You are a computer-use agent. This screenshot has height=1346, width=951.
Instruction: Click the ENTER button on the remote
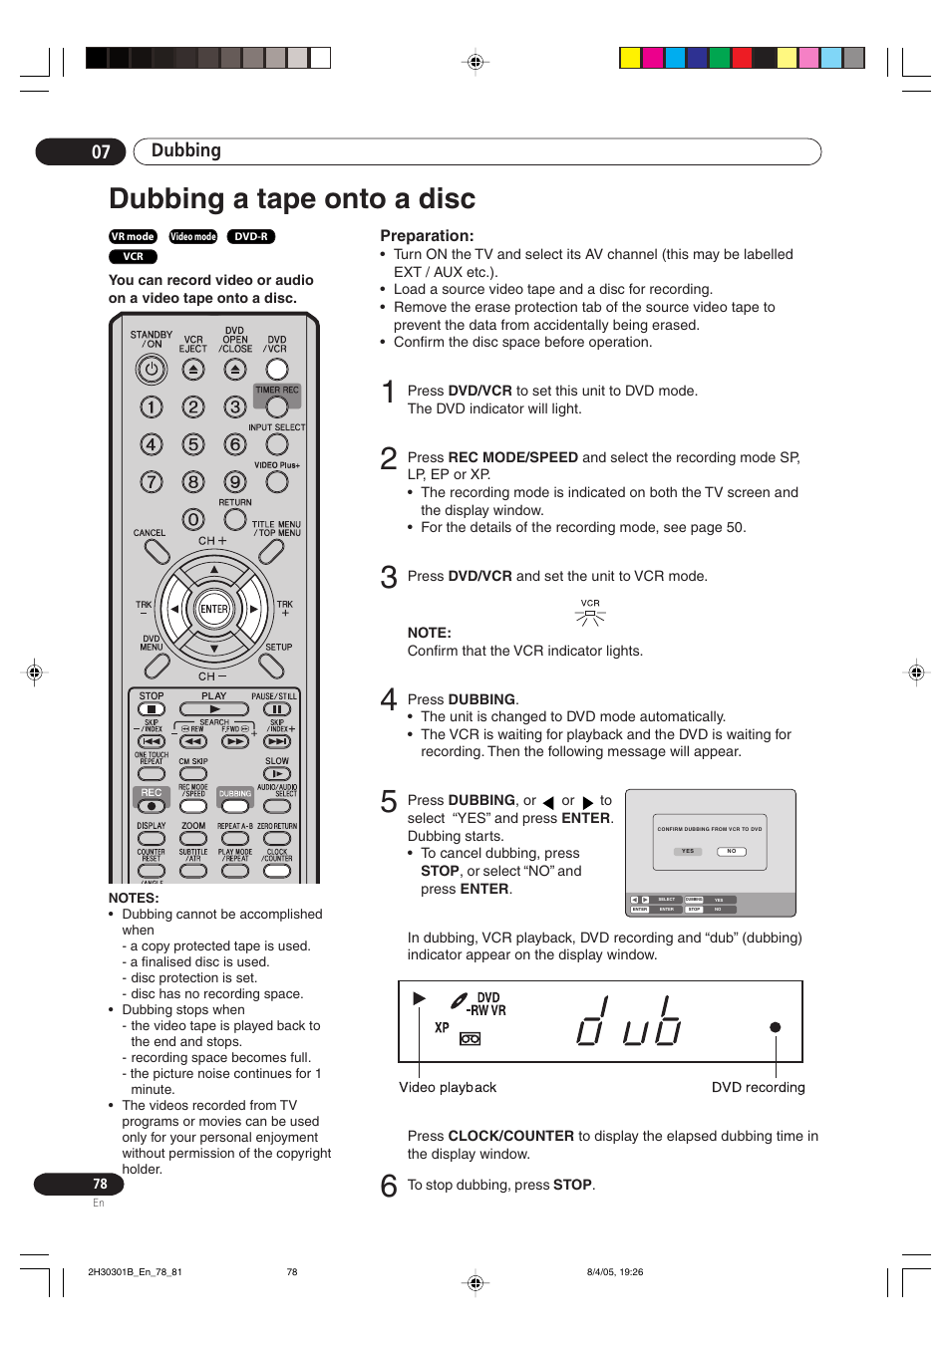tap(214, 609)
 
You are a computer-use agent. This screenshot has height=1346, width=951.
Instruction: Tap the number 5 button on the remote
tap(193, 444)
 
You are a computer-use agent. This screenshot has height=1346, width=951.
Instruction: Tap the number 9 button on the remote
tap(235, 482)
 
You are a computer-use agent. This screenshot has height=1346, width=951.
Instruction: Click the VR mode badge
tap(133, 237)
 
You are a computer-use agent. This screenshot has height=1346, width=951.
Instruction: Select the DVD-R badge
tap(251, 237)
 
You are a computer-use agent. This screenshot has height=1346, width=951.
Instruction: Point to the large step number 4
tap(389, 699)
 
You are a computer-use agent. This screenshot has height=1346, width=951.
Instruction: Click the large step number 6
tap(389, 1186)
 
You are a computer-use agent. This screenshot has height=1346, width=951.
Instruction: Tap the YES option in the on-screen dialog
tap(688, 851)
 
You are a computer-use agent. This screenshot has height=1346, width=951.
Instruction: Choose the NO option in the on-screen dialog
tap(732, 851)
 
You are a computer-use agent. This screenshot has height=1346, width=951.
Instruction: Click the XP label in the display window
tap(442, 1027)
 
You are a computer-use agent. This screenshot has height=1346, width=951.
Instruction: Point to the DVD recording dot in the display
tap(775, 1027)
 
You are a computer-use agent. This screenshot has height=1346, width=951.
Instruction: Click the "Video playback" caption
tap(448, 1087)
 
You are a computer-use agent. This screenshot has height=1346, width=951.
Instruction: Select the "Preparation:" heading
tap(427, 236)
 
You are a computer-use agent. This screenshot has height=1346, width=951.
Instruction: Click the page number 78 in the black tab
tap(100, 1184)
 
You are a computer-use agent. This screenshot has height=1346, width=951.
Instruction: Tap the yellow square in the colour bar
tap(630, 58)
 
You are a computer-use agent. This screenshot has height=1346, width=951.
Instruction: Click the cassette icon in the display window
tap(470, 1039)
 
